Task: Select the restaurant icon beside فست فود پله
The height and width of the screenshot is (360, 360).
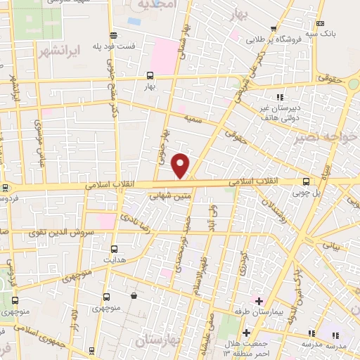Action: (112, 34)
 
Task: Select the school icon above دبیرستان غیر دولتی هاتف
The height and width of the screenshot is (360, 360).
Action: (280, 97)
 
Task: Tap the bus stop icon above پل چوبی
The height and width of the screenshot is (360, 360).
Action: (305, 181)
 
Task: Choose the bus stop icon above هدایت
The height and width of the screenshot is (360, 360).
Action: (115, 248)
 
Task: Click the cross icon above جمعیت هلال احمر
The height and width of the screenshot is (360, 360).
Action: (246, 332)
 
